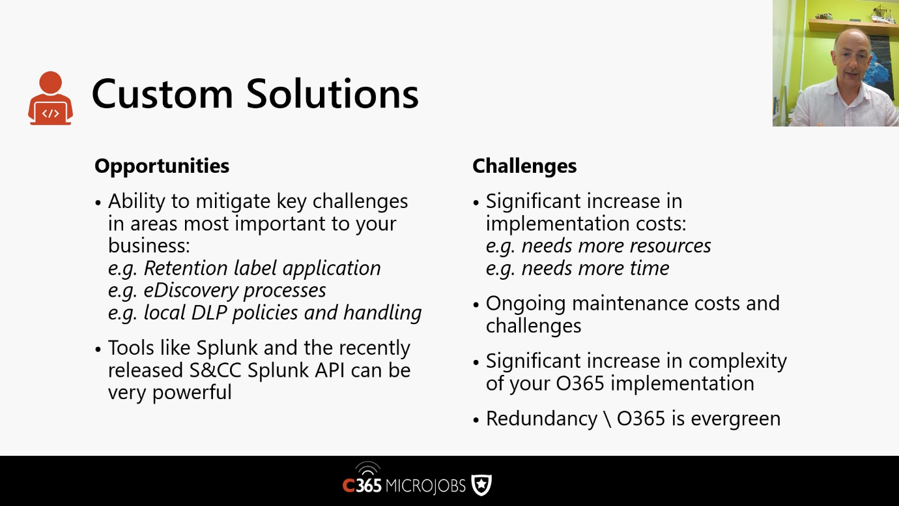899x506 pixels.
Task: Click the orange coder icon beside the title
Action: tap(51, 98)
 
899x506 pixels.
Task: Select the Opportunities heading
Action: tap(162, 166)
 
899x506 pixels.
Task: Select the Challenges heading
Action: tap(524, 166)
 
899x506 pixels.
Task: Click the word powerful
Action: tap(192, 393)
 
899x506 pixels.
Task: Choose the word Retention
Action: tap(186, 268)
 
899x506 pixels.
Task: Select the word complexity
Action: tap(737, 361)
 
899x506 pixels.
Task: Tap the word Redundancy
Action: tap(541, 419)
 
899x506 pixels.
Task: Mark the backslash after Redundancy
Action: tap(607, 419)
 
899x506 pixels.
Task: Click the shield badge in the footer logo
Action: tap(481, 485)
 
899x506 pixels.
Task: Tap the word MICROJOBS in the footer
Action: tap(425, 486)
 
